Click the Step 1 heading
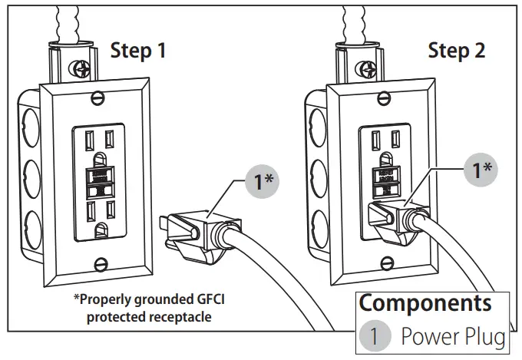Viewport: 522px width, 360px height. (138, 51)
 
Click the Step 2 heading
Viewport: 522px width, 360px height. (456, 51)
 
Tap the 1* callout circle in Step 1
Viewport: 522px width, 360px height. (262, 181)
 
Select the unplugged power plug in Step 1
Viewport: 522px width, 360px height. (191, 230)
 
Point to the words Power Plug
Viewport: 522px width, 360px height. (453, 335)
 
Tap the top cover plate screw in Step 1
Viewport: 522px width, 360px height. (97, 97)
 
